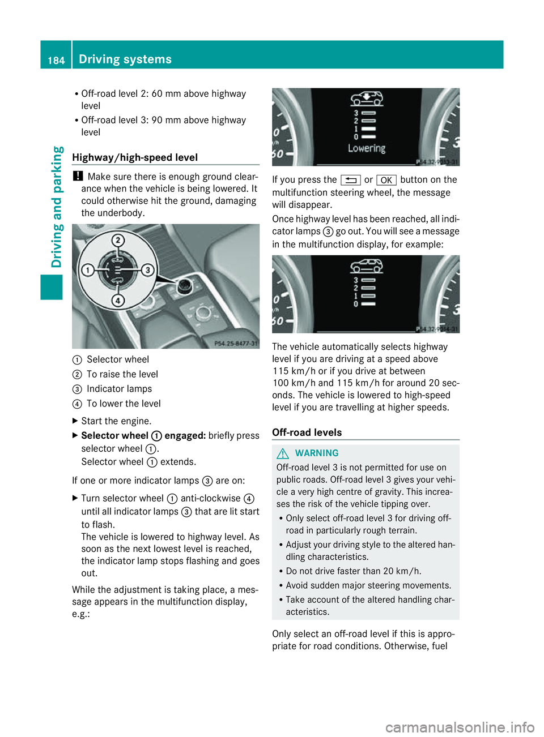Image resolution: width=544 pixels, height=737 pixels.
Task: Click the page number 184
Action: click(56, 60)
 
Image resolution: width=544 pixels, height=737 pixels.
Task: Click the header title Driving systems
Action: click(125, 59)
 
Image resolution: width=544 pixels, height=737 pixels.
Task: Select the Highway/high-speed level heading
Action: click(135, 157)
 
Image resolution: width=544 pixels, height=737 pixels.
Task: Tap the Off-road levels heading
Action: click(307, 432)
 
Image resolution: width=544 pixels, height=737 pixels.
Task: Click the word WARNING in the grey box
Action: click(317, 453)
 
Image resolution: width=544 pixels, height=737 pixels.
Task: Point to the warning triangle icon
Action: click(283, 453)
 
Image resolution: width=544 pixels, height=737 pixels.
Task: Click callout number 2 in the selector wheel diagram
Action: click(118, 240)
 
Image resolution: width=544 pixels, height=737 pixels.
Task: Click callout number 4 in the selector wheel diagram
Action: click(118, 300)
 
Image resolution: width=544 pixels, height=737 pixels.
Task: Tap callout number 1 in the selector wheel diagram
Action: click(88, 270)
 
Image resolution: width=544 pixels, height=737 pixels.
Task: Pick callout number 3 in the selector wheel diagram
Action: click(148, 270)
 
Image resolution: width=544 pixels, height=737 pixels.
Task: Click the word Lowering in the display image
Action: click(366, 148)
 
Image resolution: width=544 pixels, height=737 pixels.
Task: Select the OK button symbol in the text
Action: click(386, 180)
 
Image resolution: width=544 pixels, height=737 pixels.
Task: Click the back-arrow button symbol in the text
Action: click(351, 180)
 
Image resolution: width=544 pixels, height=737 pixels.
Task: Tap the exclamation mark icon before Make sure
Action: click(78, 176)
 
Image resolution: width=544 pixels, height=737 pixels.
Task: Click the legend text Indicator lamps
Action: click(119, 389)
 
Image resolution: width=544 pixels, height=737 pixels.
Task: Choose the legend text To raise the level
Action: click(122, 374)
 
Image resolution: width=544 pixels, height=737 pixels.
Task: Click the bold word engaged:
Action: click(185, 435)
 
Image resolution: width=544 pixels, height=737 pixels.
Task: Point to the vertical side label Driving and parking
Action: click(57, 207)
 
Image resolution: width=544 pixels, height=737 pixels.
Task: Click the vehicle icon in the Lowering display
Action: click(366, 98)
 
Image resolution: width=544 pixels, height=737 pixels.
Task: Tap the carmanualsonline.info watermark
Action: click(460, 727)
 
